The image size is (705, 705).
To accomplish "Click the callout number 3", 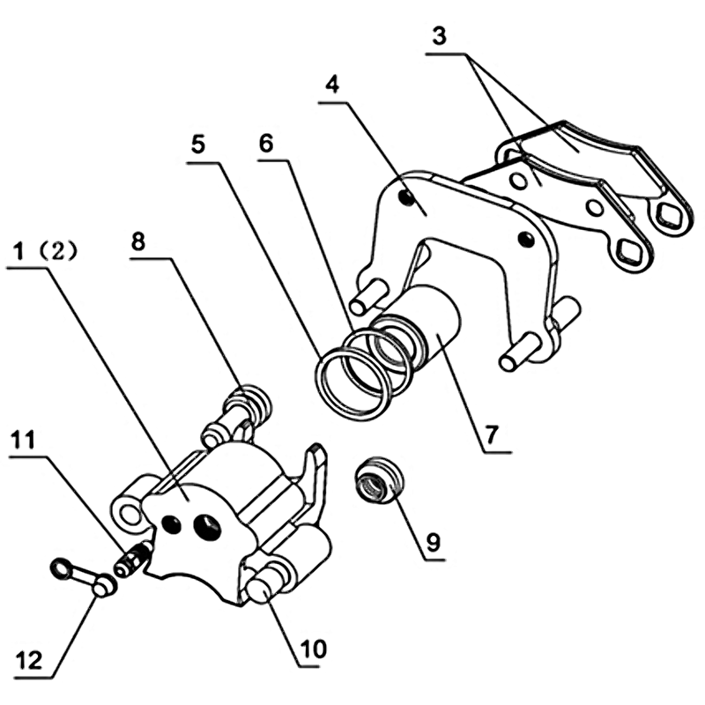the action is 439,36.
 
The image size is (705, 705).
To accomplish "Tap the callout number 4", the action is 332,85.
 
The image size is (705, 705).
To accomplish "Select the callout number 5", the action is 198,145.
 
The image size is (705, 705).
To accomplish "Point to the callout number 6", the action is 266,144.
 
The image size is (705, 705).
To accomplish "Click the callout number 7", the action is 492,434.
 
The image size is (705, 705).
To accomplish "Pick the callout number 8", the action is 138,241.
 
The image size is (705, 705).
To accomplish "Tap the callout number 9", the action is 433,542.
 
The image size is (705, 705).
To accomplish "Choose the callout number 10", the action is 314,649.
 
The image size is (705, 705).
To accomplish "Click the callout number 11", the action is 23,440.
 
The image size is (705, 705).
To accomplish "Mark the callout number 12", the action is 29,660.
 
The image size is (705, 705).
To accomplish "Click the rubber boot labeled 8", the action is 250,402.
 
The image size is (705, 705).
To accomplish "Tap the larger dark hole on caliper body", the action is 207,527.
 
